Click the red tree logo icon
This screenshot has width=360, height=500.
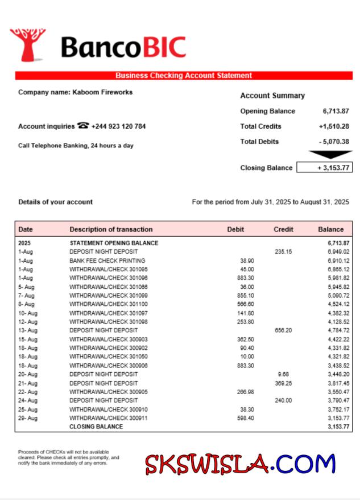[x=27, y=44]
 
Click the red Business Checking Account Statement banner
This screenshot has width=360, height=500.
[x=184, y=76]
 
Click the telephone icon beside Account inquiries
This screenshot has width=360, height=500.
[x=83, y=126]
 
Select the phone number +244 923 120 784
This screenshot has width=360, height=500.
[x=118, y=126]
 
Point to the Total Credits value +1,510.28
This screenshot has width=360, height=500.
[x=334, y=126]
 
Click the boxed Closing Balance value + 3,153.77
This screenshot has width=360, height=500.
[x=332, y=168]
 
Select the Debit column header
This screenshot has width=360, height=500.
[x=235, y=230]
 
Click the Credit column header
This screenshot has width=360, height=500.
[x=283, y=230]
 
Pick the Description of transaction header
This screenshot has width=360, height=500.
[x=111, y=230]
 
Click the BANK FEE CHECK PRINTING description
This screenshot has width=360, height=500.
[x=107, y=261]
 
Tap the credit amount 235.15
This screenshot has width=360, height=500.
[x=283, y=251]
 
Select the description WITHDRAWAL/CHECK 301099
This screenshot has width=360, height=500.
[x=109, y=296]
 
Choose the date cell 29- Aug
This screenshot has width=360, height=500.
[x=28, y=418]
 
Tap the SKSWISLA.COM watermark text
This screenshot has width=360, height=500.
[x=240, y=464]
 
